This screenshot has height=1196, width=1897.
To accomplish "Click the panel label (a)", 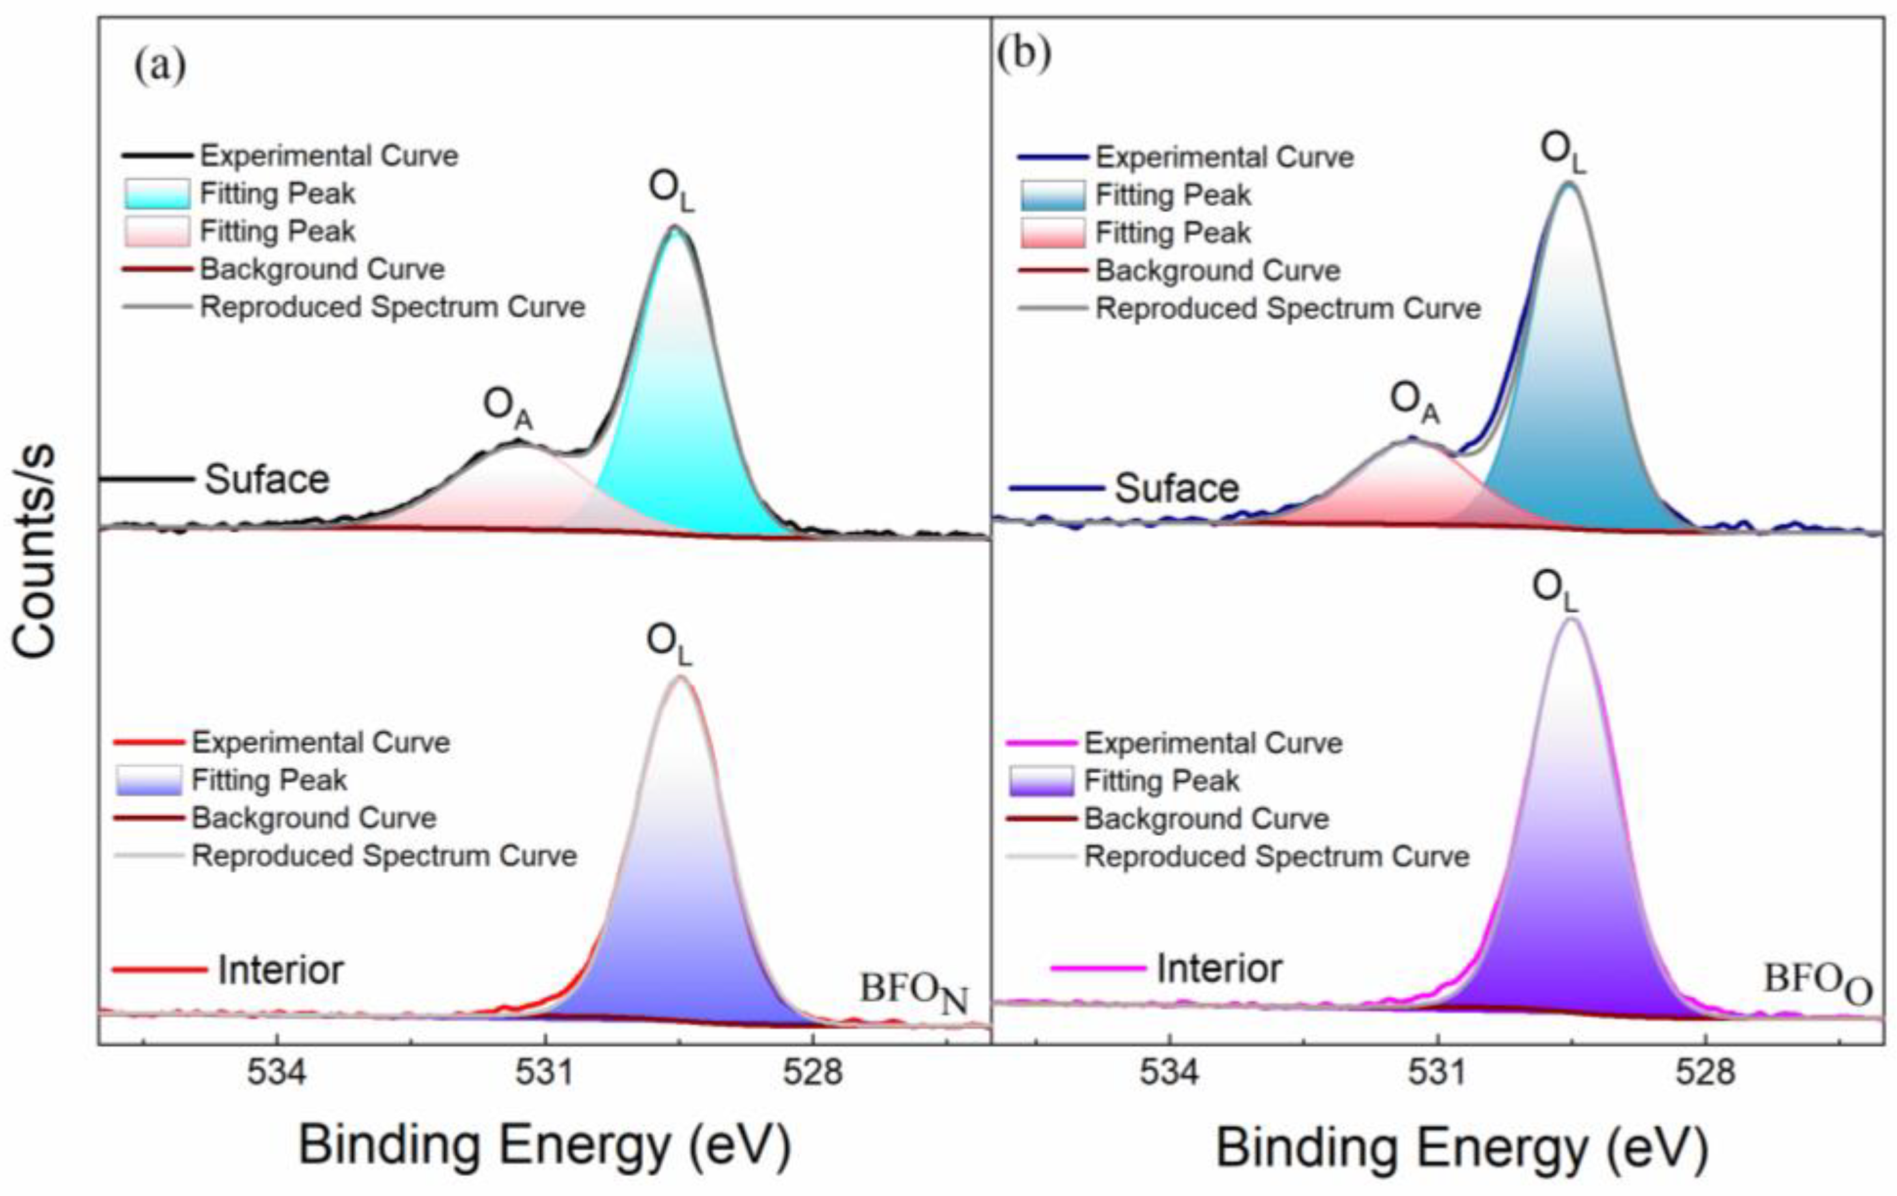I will click(x=160, y=66).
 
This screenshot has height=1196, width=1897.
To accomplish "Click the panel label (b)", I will click(x=1023, y=55).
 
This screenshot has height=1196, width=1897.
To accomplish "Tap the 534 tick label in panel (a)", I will click(x=276, y=1073).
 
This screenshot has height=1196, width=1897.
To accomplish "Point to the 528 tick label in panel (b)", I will click(x=1706, y=1073).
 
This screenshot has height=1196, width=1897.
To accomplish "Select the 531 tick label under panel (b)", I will click(x=1438, y=1073).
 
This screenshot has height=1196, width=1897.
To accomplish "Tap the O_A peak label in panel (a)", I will click(x=507, y=409).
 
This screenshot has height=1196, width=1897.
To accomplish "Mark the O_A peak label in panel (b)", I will click(x=1414, y=402).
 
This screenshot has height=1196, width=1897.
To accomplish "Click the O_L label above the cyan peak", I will click(x=671, y=192).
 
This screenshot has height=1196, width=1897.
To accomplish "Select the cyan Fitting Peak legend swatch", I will click(x=157, y=194).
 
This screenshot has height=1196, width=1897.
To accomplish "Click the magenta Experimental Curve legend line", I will click(x=1040, y=743).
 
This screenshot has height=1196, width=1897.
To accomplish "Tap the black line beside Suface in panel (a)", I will click(x=147, y=478).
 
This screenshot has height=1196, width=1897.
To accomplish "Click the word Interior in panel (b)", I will click(x=1219, y=967).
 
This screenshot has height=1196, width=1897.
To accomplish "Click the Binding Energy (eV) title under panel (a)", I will click(x=543, y=1146).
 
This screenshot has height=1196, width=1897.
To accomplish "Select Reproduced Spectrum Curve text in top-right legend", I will click(x=1288, y=308).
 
